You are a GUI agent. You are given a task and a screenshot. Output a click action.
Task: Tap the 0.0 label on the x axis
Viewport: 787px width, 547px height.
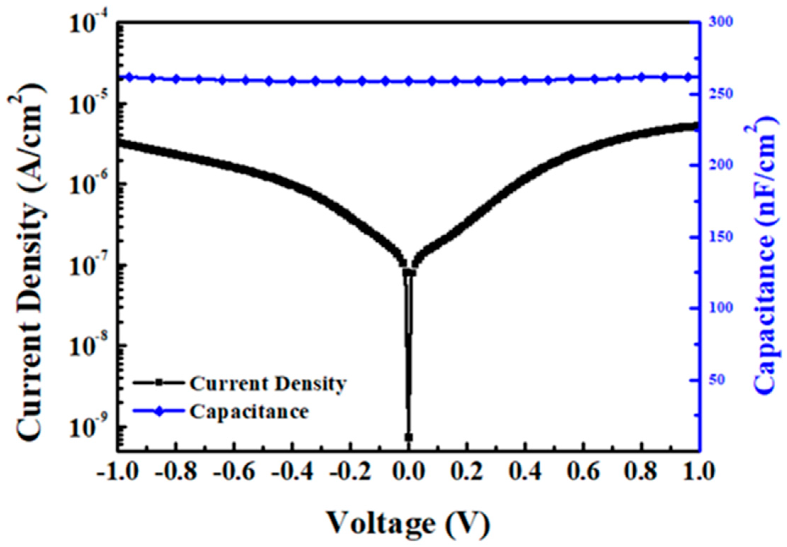[x=409, y=472]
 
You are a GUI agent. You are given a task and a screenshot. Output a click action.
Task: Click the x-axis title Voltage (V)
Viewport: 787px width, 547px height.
[x=408, y=523]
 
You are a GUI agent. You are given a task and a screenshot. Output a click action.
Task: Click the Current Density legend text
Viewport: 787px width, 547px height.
[x=268, y=384]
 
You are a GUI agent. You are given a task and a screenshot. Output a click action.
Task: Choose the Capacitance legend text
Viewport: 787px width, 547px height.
[x=249, y=412]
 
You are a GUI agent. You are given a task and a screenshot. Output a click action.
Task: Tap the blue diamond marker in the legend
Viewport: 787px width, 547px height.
[x=160, y=411]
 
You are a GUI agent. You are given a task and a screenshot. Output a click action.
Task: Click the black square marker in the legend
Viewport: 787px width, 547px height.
[x=160, y=383]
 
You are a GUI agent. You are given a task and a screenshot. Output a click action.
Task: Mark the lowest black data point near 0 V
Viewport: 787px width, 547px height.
[x=409, y=437]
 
